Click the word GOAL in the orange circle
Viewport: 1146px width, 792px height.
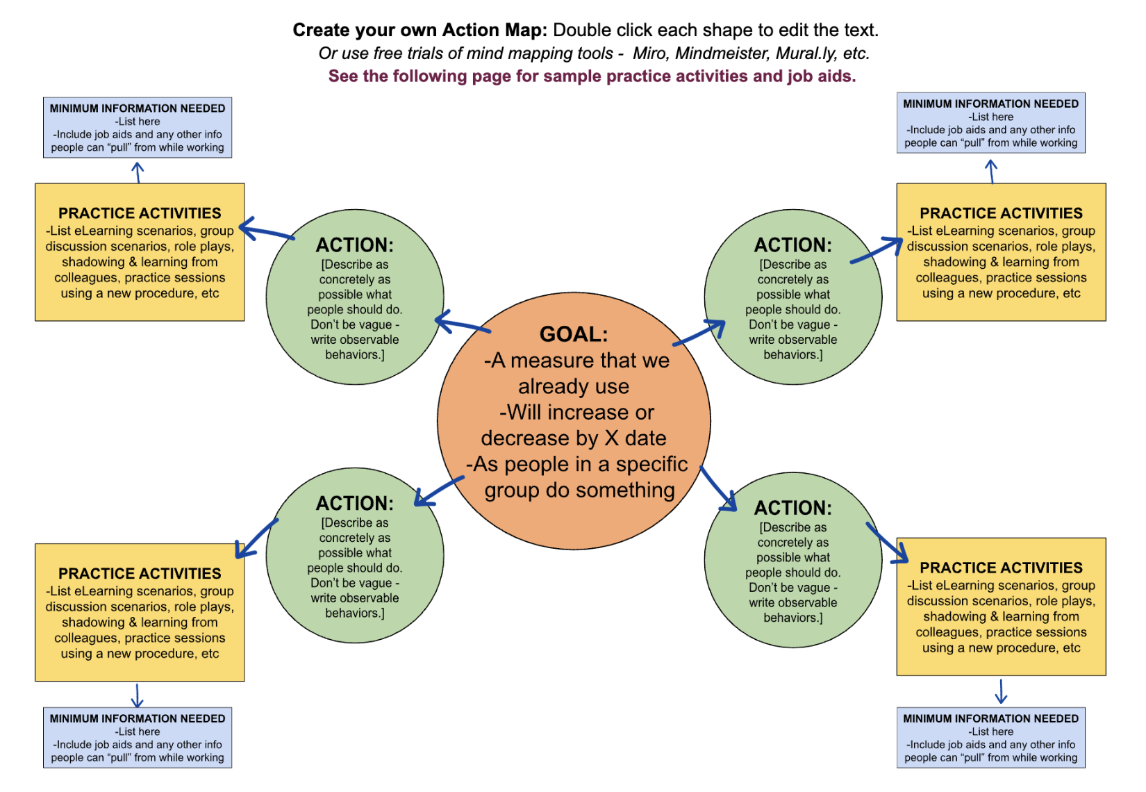[x=573, y=334]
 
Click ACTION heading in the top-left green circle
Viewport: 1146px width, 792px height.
[x=354, y=245]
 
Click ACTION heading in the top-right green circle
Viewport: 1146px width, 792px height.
[x=792, y=245]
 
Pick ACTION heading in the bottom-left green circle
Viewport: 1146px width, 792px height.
[x=354, y=503]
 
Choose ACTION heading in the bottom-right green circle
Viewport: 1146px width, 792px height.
[x=792, y=508]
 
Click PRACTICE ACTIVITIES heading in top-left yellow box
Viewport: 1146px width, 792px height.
[x=140, y=213]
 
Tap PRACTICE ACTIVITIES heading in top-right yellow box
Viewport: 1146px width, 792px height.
[x=1001, y=213]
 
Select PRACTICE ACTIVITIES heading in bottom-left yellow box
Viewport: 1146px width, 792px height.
[x=140, y=574]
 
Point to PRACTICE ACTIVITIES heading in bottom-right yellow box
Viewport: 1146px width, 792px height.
[x=1001, y=568]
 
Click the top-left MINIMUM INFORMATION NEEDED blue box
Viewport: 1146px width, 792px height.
[x=138, y=128]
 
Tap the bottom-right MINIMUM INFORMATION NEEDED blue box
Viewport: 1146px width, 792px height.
[x=990, y=738]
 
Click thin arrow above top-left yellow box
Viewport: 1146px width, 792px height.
[x=138, y=172]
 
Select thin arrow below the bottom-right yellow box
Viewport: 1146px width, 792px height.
[x=1001, y=691]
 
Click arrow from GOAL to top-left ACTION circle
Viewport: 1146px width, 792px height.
[x=461, y=324]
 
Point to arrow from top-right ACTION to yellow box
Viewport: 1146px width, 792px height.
[x=877, y=251]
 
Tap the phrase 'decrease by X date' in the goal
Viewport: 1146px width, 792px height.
[x=573, y=438]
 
